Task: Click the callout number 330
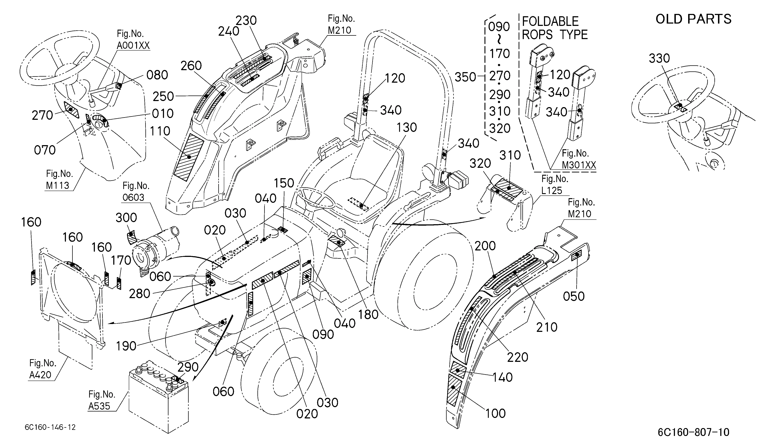tap(659, 58)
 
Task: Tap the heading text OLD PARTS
tap(693, 19)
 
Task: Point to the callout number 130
tap(407, 128)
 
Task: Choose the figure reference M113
tap(58, 185)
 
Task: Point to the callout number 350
tap(465, 77)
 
